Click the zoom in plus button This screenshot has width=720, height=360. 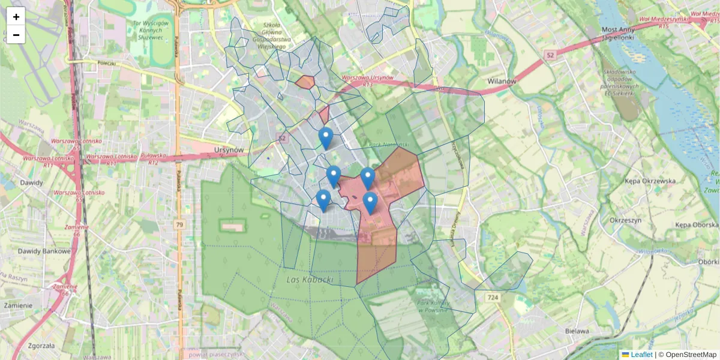tap(16, 16)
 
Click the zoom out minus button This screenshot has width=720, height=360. tap(16, 35)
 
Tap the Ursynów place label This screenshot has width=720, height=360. tap(229, 150)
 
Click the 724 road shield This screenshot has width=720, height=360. tap(493, 298)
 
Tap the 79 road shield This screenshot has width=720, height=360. tap(179, 224)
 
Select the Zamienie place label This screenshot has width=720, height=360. tap(18, 305)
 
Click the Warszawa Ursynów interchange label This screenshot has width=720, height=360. tap(367, 78)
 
